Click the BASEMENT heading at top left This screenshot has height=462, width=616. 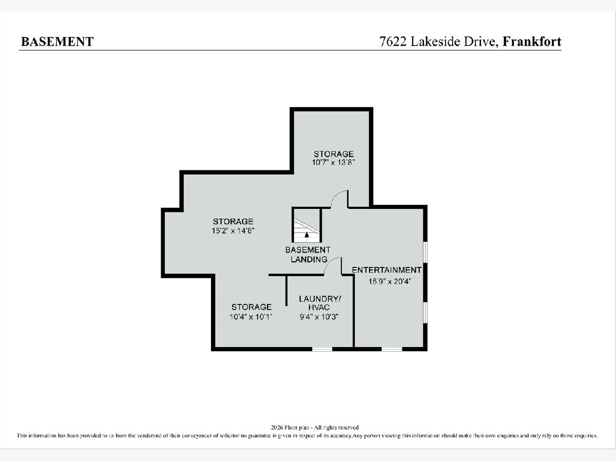pos(57,42)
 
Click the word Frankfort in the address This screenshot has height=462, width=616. pos(532,42)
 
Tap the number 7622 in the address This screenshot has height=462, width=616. pos(393,42)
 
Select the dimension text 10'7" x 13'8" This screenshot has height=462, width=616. pos(333,162)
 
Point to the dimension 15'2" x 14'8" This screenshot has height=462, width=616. pos(233,230)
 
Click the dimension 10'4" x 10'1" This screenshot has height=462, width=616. pos(251,317)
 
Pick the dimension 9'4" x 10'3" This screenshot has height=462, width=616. pos(319,317)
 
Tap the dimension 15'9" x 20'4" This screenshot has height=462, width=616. pos(390,281)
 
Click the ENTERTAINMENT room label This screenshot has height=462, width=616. pos(387,270)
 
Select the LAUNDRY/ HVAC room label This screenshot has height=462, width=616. pos(320,303)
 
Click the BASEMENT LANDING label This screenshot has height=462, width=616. pos(308,255)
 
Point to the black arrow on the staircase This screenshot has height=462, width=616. pos(307,235)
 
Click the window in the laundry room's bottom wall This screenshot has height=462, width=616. pos(322,349)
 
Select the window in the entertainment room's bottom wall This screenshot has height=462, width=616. pos(392,349)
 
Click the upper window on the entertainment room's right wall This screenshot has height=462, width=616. pos(426,252)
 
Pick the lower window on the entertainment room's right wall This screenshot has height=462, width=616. pos(426,312)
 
